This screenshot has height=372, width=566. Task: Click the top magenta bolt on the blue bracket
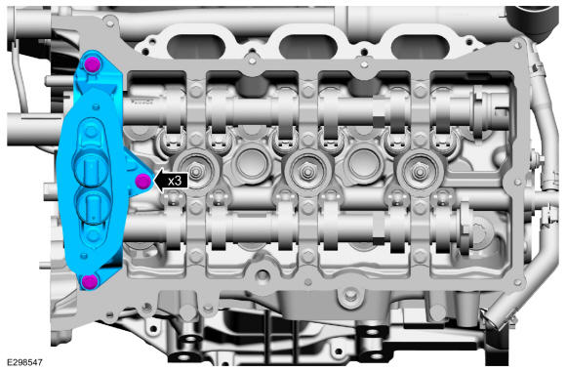pos(92,65)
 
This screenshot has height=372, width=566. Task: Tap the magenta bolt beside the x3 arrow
pos(142,181)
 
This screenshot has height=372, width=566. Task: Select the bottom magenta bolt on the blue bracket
pos(89,281)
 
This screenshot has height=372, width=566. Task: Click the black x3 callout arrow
pos(171,181)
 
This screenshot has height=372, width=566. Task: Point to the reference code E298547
pos(24,362)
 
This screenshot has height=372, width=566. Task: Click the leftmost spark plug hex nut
pos(195,171)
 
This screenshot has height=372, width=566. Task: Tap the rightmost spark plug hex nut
pos(419,170)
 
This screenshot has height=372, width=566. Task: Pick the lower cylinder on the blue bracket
pos(92,207)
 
